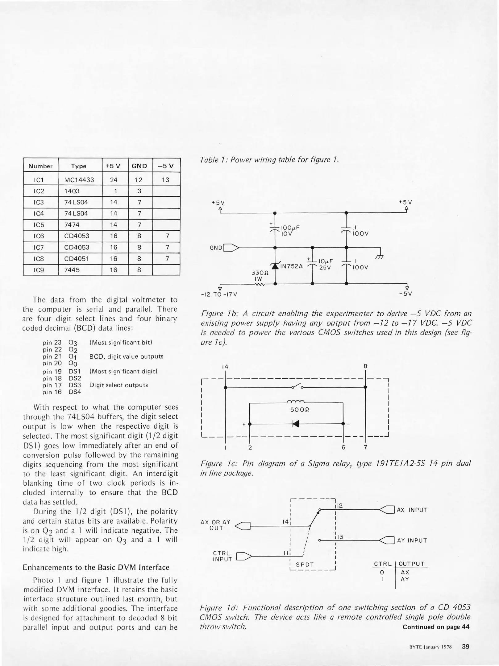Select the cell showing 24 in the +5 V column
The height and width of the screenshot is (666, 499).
point(114,180)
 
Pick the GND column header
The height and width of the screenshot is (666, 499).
point(139,166)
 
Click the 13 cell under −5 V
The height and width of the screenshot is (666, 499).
point(166,180)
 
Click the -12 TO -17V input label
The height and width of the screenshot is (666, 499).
point(219,294)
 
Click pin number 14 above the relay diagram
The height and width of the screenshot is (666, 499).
point(225,367)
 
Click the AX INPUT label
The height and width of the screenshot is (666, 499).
point(412,510)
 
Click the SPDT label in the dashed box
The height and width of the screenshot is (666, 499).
point(305,565)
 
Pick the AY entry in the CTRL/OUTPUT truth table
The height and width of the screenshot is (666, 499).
point(405,579)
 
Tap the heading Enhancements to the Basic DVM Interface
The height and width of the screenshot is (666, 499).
point(96,568)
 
